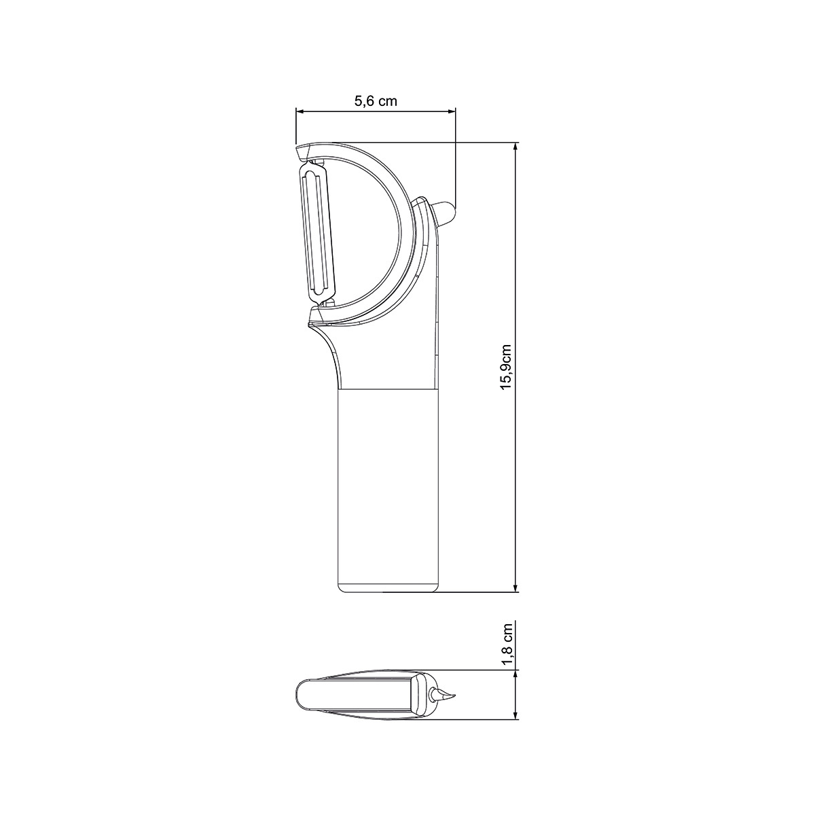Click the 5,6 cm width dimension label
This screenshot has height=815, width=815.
[x=375, y=101]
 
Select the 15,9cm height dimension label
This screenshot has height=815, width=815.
[x=506, y=366]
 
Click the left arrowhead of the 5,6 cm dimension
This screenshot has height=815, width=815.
[x=300, y=111]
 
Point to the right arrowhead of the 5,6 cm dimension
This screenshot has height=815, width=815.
[x=451, y=111]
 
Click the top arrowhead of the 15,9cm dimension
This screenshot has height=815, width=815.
[x=515, y=147]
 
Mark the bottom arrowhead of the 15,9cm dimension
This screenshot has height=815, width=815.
[x=515, y=587]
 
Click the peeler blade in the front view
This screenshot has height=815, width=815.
[x=316, y=234]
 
